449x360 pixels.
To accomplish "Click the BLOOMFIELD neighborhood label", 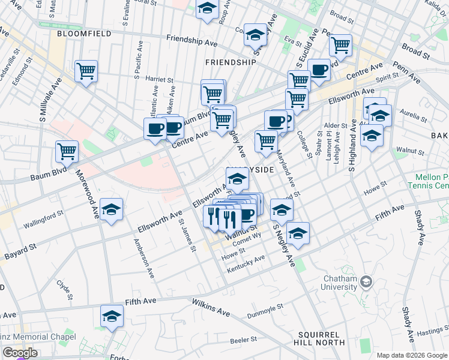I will pyautogui.click(x=84, y=34).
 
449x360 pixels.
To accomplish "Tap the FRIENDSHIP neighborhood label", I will pyautogui.click(x=231, y=62).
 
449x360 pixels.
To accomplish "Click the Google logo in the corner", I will pyautogui.click(x=19, y=353).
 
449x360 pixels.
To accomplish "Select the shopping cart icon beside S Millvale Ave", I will pyautogui.click(x=86, y=71).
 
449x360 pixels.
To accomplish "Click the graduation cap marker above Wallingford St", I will pyautogui.click(x=111, y=210).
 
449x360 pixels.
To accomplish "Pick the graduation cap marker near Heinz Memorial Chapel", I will pyautogui.click(x=112, y=316).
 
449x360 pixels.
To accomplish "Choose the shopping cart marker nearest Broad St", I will pyautogui.click(x=340, y=44).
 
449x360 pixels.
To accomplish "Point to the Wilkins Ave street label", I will pyautogui.click(x=211, y=308).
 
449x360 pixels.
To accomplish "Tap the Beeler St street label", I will pyautogui.click(x=244, y=340).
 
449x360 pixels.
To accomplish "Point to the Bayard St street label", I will pyautogui.click(x=19, y=253).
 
